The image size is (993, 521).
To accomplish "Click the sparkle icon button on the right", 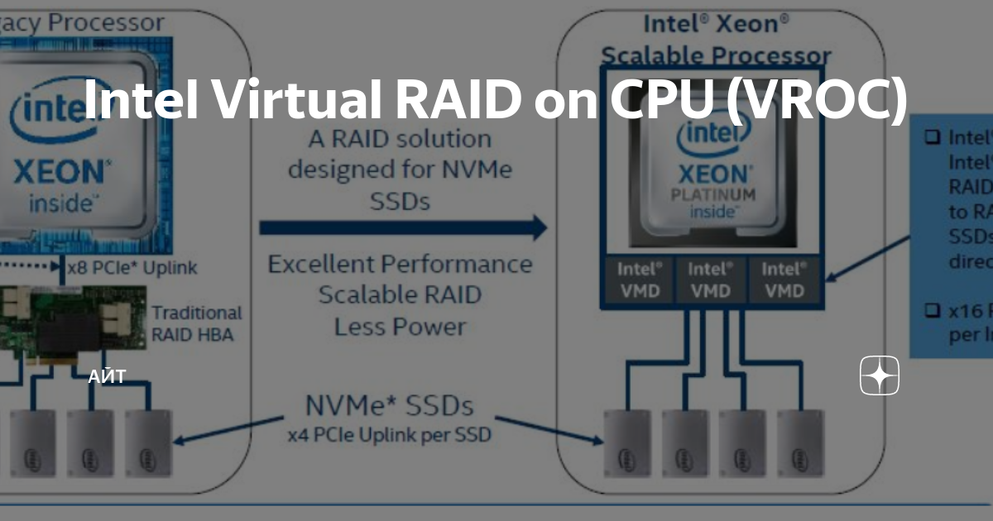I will point(879,377).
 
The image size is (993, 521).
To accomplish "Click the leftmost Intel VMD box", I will point(639,280).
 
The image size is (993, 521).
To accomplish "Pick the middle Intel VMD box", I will point(711,280).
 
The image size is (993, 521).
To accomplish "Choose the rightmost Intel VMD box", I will point(783,280).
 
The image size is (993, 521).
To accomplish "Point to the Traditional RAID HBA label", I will point(197,323).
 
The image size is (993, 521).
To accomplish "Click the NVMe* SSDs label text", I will point(390,406).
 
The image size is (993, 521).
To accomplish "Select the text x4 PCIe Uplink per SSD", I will point(389,434).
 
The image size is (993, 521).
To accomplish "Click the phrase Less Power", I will point(400,327).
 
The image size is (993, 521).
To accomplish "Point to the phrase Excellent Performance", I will point(400,265).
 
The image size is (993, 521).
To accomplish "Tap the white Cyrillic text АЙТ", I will point(107,377).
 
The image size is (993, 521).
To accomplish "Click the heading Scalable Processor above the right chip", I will point(716,56).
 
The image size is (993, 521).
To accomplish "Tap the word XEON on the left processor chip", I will point(60,172).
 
